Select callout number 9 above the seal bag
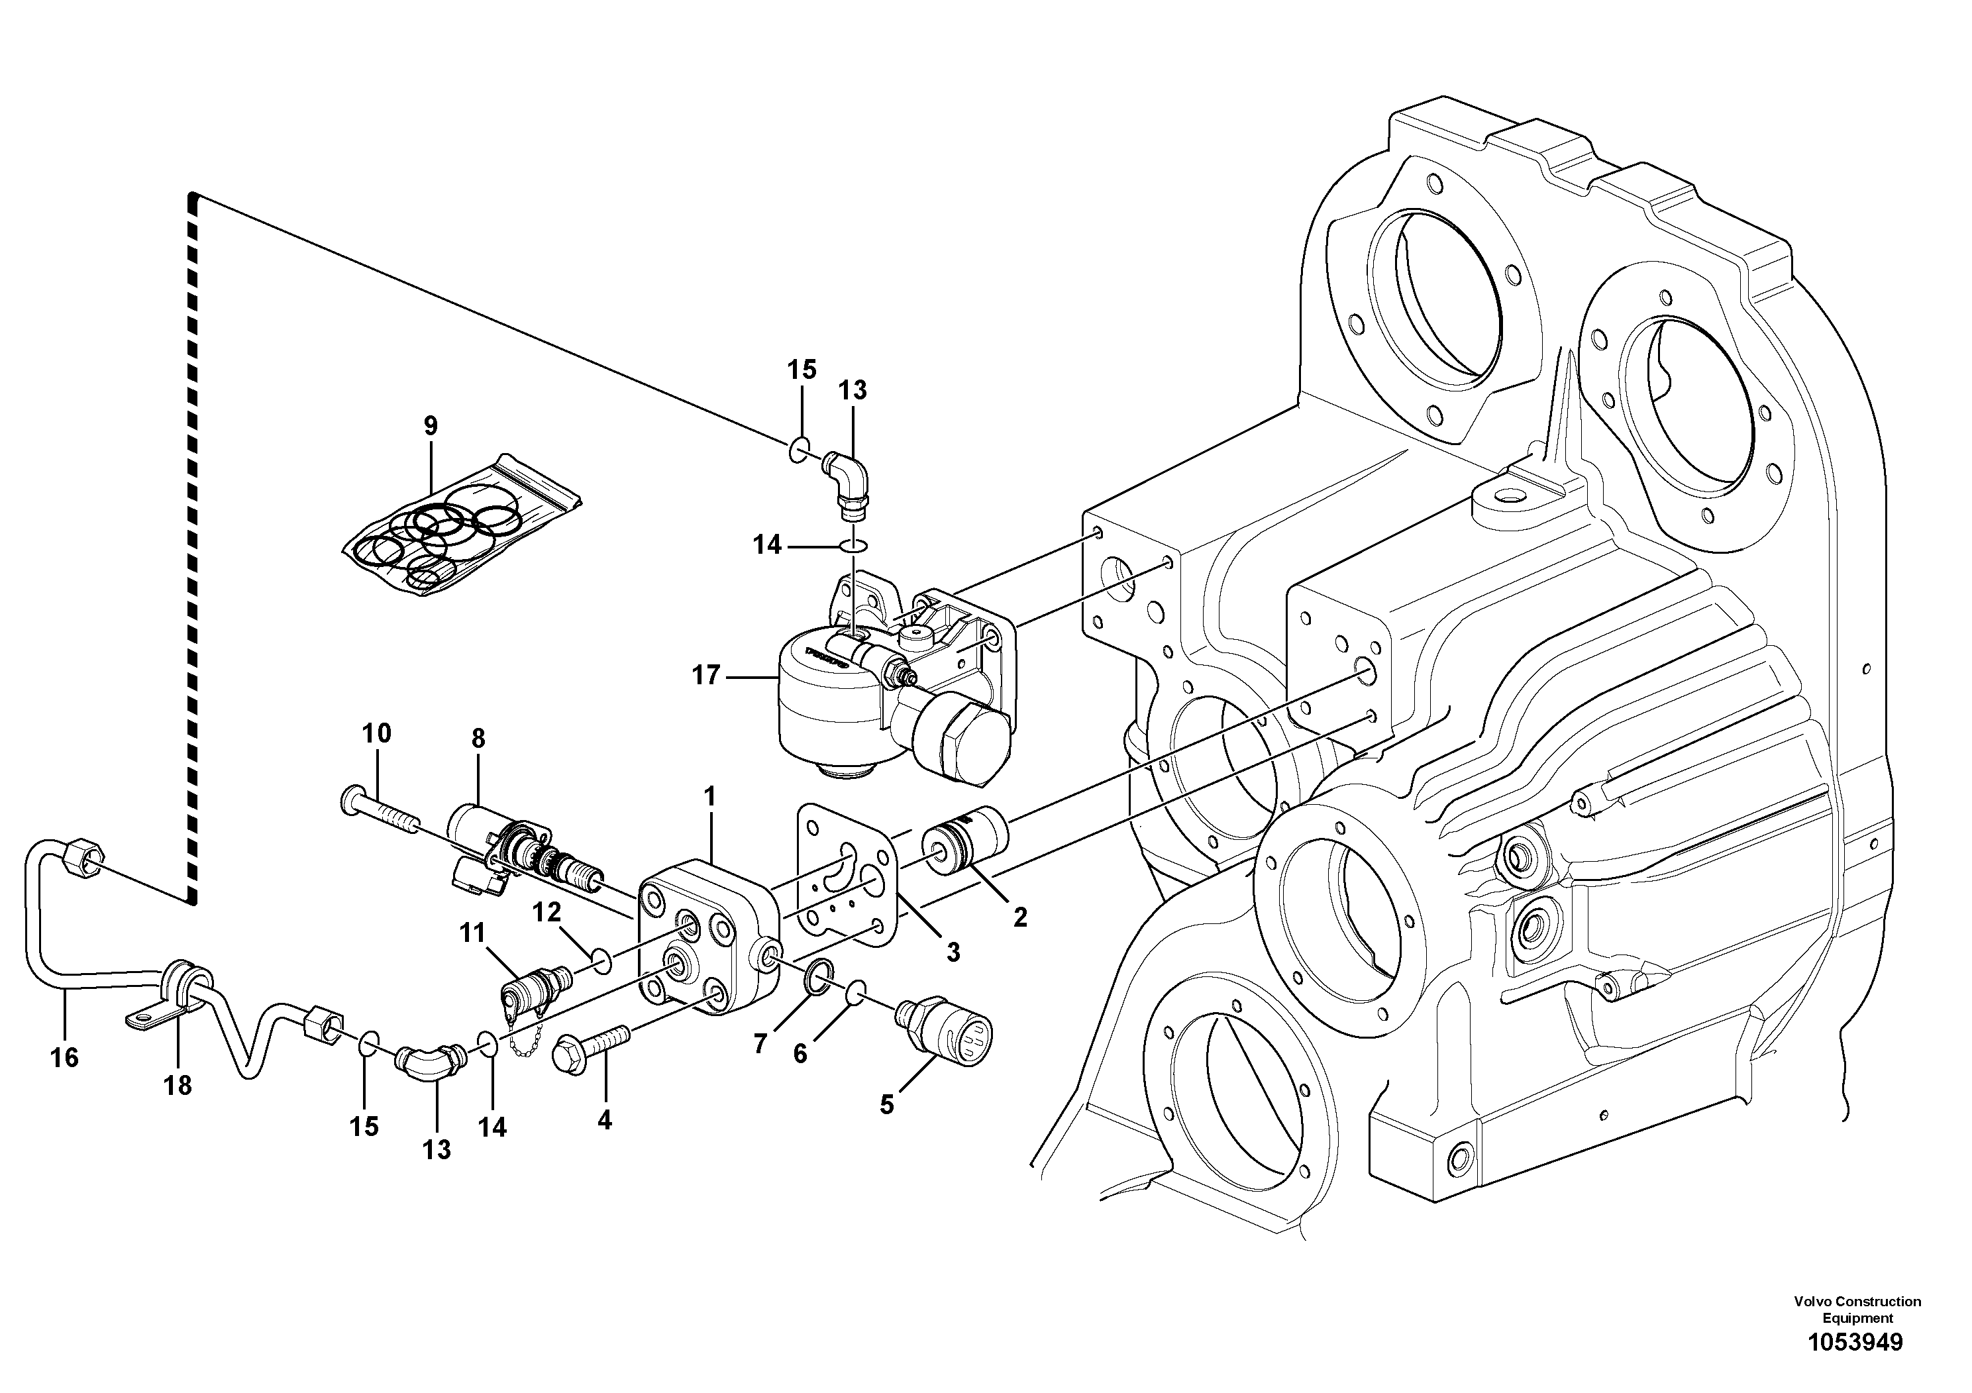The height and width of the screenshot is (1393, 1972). pyautogui.click(x=431, y=425)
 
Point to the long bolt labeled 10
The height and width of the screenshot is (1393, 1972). pyautogui.click(x=382, y=811)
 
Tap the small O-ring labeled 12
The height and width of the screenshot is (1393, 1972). pyautogui.click(x=603, y=959)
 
